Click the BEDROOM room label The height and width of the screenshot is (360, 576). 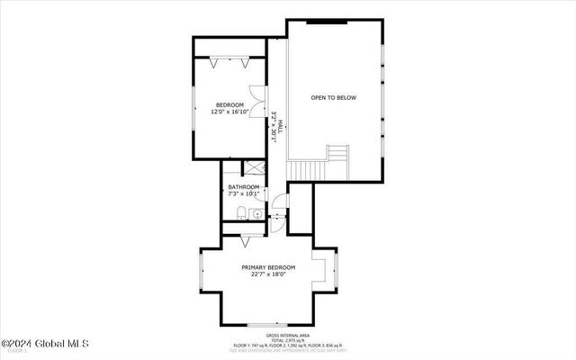click(228, 104)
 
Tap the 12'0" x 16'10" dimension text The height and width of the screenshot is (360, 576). click(228, 112)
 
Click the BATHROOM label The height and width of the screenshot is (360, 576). click(242, 187)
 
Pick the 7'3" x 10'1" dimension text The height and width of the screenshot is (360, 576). click(242, 194)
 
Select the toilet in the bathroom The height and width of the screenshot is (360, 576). click(242, 212)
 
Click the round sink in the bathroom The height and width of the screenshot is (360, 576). click(257, 214)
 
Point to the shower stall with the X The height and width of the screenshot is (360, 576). click(255, 168)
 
